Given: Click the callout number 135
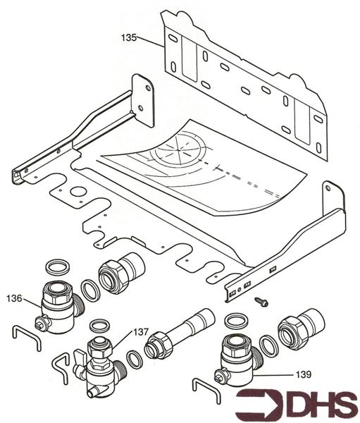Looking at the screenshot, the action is coord(129,37).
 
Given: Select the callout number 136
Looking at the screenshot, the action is coord(15,298).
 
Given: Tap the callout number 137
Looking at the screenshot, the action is coord(141,332).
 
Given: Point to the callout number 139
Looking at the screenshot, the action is coord(304,374).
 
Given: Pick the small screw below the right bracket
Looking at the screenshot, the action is coord(261,302).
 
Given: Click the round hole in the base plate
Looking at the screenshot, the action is coord(78,192).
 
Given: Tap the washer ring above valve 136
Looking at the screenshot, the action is coord(58,267).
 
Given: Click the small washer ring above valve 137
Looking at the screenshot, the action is coord(99,326).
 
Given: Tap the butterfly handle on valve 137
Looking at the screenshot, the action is coord(80,362).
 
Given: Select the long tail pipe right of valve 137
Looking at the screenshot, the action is coord(180,334).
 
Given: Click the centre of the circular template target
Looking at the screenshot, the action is coord(178,148).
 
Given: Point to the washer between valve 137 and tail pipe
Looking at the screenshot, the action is coord(135,359).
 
